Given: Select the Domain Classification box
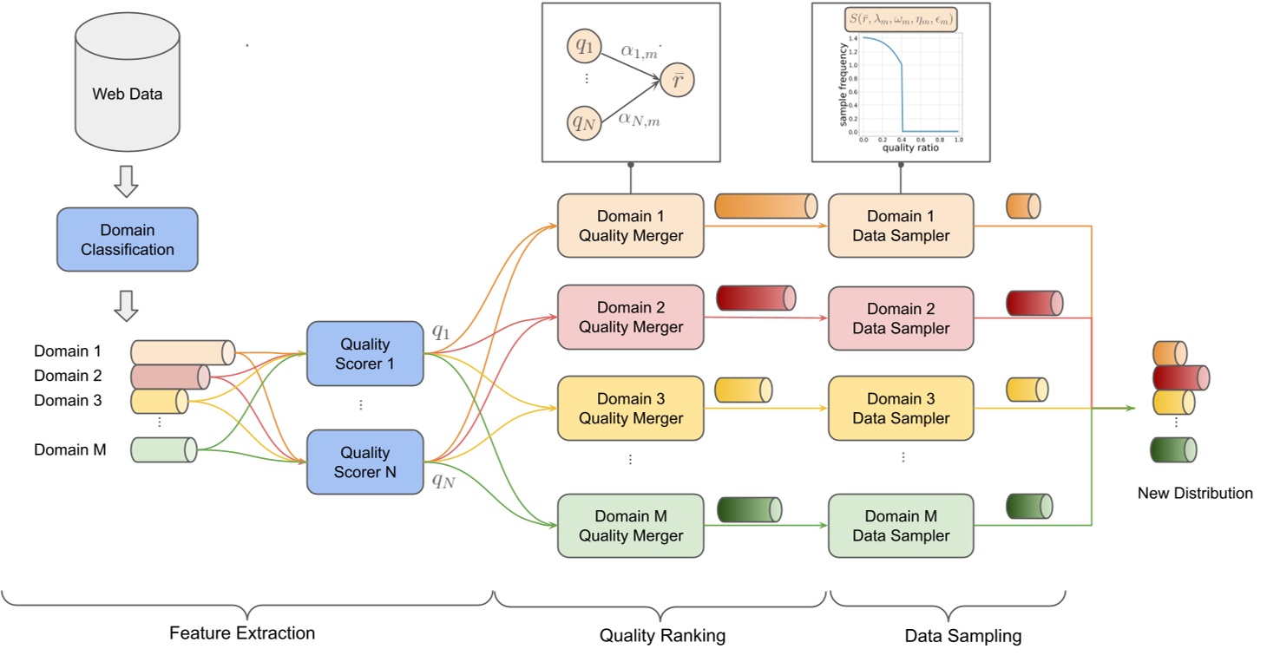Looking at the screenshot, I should click(128, 239).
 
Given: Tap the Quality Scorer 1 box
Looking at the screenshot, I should click(364, 354).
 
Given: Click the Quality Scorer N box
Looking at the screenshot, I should click(364, 462).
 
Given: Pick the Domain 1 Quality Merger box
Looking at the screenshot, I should click(630, 226).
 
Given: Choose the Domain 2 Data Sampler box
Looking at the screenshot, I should click(902, 318).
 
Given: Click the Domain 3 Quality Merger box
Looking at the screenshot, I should click(630, 408).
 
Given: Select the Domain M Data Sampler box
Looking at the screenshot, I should click(902, 526).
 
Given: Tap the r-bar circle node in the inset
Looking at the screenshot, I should click(677, 82).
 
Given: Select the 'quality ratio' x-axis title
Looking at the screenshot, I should click(910, 147).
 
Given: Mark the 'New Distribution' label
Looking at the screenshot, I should click(1195, 493).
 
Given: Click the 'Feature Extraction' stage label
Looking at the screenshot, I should click(242, 633).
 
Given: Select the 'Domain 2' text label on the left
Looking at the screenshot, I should click(68, 376).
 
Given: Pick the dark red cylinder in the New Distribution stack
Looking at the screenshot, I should click(1181, 377).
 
